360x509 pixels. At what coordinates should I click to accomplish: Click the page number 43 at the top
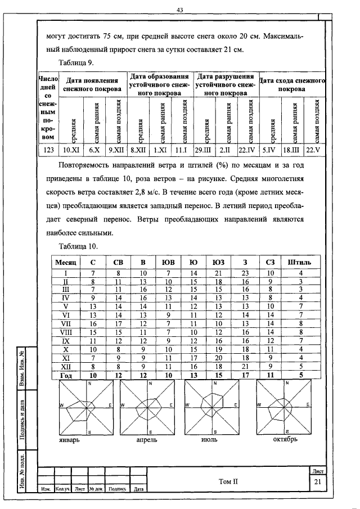click(x=180, y=10)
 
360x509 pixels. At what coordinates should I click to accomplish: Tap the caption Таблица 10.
click(x=78, y=246)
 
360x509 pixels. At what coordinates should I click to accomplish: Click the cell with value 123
click(x=48, y=150)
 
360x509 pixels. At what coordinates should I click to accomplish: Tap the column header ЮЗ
click(x=218, y=262)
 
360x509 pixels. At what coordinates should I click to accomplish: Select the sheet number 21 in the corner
click(x=318, y=481)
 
